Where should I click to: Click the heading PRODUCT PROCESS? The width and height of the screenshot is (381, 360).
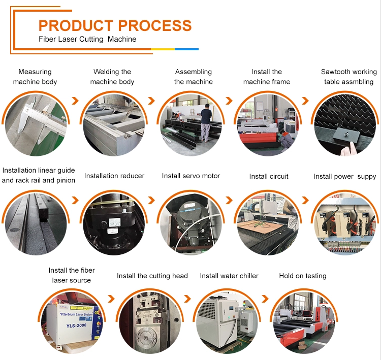pyautogui.click(x=115, y=25)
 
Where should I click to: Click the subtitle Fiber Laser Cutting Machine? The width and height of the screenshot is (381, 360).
pyautogui.click(x=87, y=39)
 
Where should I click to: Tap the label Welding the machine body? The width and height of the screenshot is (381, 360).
pyautogui.click(x=112, y=77)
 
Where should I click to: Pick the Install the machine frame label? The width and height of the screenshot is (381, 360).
pyautogui.click(x=267, y=77)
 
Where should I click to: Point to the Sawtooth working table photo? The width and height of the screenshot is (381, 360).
pyautogui.click(x=344, y=124)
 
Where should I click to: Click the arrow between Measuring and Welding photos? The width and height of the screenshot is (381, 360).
pyautogui.click(x=75, y=101)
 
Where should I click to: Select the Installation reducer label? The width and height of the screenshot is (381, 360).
pyautogui.click(x=114, y=176)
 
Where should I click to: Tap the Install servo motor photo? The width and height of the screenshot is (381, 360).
pyautogui.click(x=190, y=223)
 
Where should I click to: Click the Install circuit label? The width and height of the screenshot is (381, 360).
pyautogui.click(x=269, y=176)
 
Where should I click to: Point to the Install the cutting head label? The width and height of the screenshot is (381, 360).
pyautogui.click(x=152, y=276)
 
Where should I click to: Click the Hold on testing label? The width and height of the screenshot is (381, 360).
pyautogui.click(x=303, y=276)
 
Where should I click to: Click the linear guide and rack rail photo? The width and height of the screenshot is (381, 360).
pyautogui.click(x=35, y=223)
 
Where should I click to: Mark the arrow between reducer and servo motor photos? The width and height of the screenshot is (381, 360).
pyautogui.click(x=151, y=200)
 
